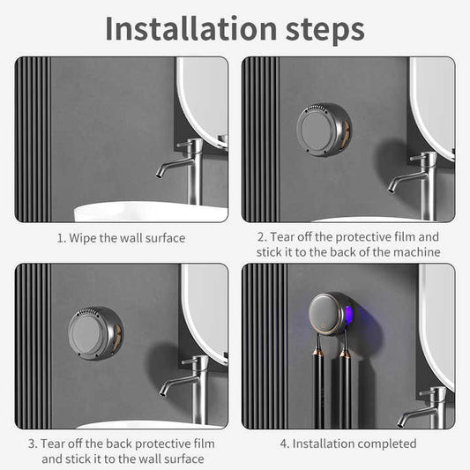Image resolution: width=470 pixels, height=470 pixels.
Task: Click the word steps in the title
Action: point(318,29)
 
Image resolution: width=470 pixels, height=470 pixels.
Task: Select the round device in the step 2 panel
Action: point(323,130)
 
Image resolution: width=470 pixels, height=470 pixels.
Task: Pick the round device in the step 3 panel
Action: point(95,332)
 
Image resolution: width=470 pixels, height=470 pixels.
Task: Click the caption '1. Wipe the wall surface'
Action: point(121,237)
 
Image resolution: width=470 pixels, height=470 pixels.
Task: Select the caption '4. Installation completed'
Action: point(347,444)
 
